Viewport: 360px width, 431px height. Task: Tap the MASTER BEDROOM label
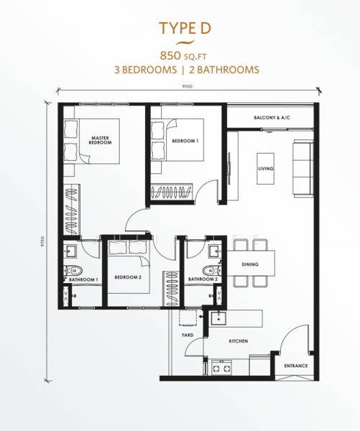pos(100,141)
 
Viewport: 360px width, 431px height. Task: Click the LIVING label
pos(266,170)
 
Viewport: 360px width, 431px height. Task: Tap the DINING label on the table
pos(250,264)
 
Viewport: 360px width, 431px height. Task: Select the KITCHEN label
pos(238,341)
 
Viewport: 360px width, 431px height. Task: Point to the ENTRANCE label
pos(295,366)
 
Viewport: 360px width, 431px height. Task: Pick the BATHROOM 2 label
pos(203,279)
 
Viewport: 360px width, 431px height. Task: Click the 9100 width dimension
pos(188,87)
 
